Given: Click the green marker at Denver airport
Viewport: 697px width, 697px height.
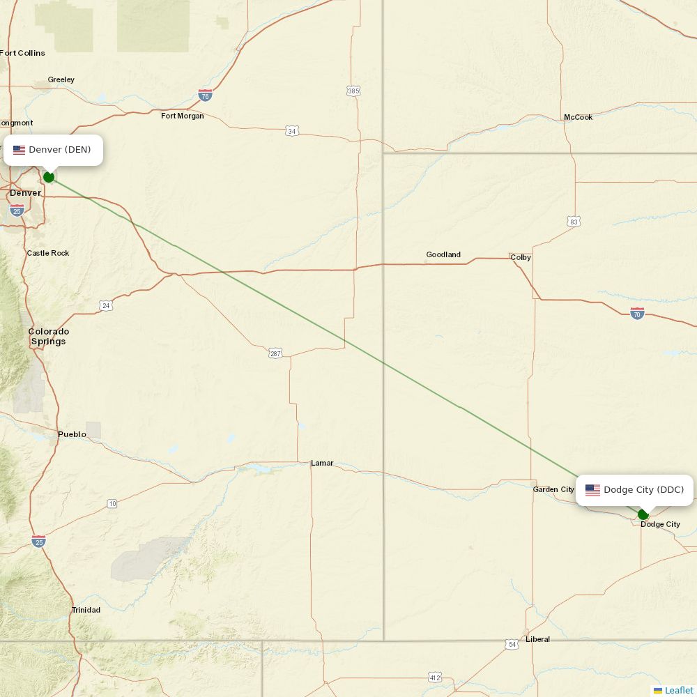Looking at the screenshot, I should (49, 177).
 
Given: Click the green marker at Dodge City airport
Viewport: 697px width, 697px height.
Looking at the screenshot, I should (643, 515).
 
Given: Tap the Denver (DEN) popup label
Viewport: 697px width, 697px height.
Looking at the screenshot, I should (54, 150).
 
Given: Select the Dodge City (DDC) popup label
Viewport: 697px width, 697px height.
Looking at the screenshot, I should (634, 490).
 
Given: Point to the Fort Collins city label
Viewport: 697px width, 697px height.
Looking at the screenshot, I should (23, 53).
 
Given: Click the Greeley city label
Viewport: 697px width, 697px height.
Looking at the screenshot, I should (61, 79).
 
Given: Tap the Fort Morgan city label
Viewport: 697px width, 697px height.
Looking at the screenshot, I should (183, 116).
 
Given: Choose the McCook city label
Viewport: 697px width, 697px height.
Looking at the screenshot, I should (578, 117).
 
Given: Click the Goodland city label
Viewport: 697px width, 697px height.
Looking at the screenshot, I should (443, 254).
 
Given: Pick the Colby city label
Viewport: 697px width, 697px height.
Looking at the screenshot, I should (521, 257).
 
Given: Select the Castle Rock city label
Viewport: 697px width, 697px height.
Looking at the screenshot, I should (48, 253).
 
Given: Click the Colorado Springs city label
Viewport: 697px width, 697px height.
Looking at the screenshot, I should (49, 337).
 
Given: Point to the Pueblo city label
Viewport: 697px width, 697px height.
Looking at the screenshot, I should (72, 434).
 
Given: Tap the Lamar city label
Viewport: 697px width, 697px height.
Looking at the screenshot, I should (322, 463).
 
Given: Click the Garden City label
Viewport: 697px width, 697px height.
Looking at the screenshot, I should (553, 489).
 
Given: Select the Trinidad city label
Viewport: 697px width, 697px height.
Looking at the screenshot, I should (86, 610).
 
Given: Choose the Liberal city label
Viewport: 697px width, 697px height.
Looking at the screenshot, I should (537, 639).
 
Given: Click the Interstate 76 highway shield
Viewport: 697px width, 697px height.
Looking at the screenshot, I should (205, 95).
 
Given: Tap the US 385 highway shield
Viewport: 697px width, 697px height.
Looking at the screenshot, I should (353, 91).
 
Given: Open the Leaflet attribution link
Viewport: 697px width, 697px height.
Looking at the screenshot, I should (678, 690).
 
